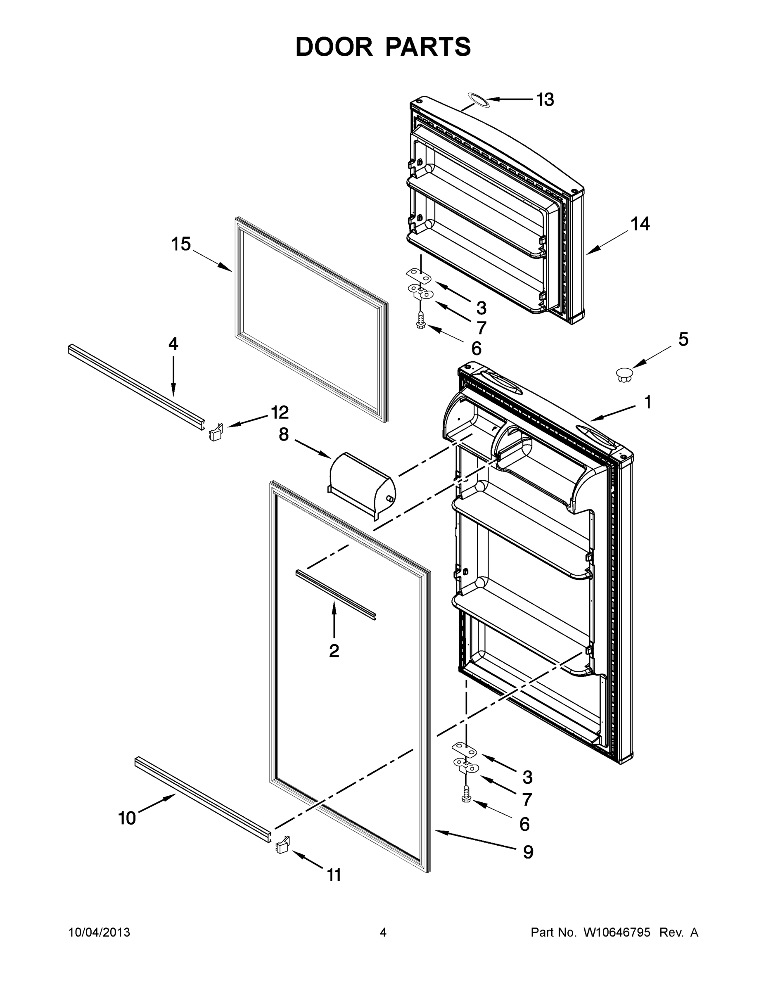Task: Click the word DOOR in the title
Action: click(x=334, y=47)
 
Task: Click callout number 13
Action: click(x=545, y=100)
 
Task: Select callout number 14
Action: click(x=640, y=224)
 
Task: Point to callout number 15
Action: click(x=180, y=244)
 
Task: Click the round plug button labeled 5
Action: click(x=624, y=375)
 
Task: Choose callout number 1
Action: click(x=647, y=402)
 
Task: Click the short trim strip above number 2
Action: click(x=336, y=595)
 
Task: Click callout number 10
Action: click(x=127, y=818)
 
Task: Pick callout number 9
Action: click(x=528, y=852)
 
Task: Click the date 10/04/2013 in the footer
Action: click(x=100, y=932)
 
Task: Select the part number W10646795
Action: click(x=616, y=932)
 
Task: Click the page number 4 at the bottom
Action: click(x=383, y=932)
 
